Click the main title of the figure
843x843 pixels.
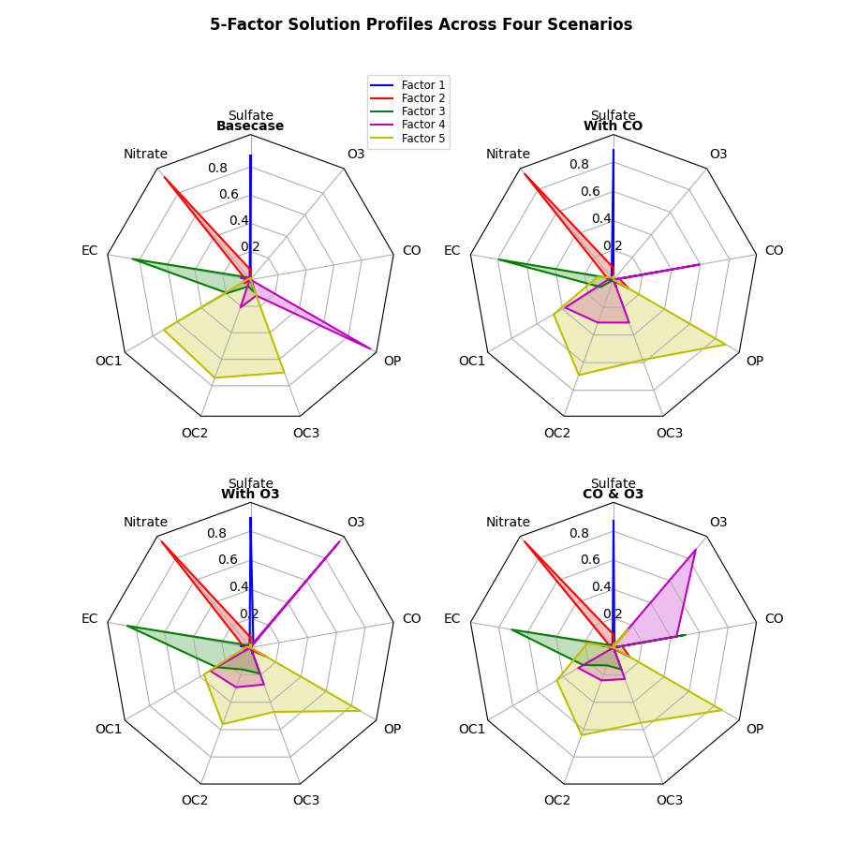tap(421, 25)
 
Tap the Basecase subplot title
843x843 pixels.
tap(250, 126)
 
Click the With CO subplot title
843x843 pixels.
tap(613, 126)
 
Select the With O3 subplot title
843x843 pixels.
tap(250, 495)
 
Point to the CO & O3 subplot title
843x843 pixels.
tap(613, 495)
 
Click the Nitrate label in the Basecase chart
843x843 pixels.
tap(145, 154)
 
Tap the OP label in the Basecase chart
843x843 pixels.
tap(392, 361)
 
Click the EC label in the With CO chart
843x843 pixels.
tap(451, 250)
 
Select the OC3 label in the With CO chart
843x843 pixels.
tap(669, 433)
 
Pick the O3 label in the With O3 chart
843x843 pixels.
tap(356, 522)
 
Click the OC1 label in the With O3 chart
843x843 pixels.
tap(109, 729)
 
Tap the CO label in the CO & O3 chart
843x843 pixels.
tap(774, 618)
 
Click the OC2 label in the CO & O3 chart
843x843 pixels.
tap(557, 801)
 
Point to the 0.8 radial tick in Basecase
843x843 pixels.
tap(217, 168)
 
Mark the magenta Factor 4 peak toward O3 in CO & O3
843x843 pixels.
tap(695, 550)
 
